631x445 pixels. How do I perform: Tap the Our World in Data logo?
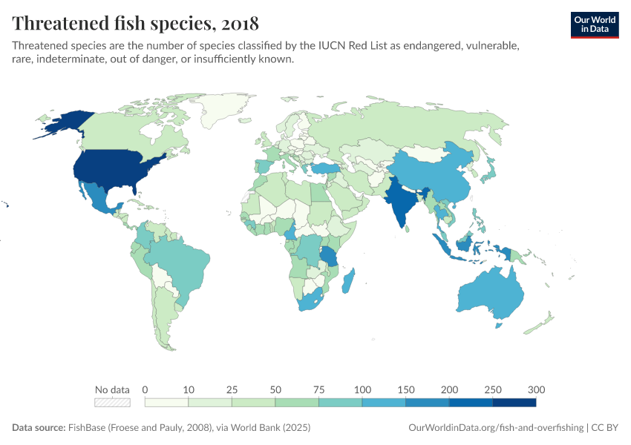594,24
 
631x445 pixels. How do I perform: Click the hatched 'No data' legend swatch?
112,403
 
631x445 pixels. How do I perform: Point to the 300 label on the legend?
536,389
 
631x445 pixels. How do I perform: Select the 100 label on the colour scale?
362,389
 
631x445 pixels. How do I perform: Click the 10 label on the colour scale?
189,389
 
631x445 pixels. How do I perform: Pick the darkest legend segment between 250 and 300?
514,403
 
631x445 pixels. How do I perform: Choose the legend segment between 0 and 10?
166,403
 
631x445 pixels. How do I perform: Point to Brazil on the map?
178,263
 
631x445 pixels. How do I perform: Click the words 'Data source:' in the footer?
38,428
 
